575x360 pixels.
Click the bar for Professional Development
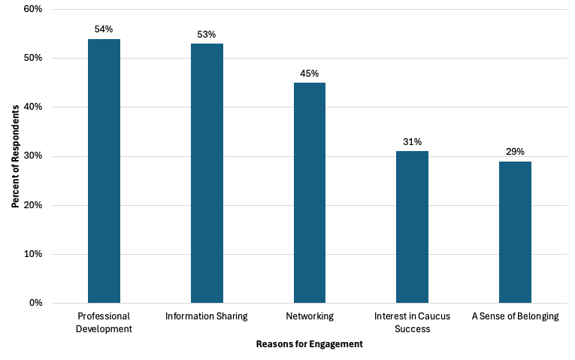[x=104, y=171]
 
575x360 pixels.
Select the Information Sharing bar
[x=207, y=174]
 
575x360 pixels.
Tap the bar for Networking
[x=309, y=193]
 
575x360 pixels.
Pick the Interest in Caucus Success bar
[x=412, y=227]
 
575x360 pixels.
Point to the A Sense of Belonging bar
[x=515, y=232]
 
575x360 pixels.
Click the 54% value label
[x=104, y=29]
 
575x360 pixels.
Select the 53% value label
[x=207, y=34]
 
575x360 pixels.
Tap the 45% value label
[x=309, y=73]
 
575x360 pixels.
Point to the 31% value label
[x=412, y=141]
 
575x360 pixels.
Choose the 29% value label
[x=515, y=151]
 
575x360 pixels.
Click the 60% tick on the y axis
[x=33, y=9]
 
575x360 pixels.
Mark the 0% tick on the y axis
[x=35, y=303]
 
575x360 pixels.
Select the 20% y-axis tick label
[x=33, y=205]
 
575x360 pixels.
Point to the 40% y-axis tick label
[x=33, y=107]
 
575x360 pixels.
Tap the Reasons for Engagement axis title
[x=309, y=344]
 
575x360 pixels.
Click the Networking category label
[x=309, y=316]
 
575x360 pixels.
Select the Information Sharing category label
[x=207, y=316]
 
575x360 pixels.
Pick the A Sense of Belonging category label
[x=515, y=316]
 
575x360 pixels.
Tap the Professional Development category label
[x=104, y=322]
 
